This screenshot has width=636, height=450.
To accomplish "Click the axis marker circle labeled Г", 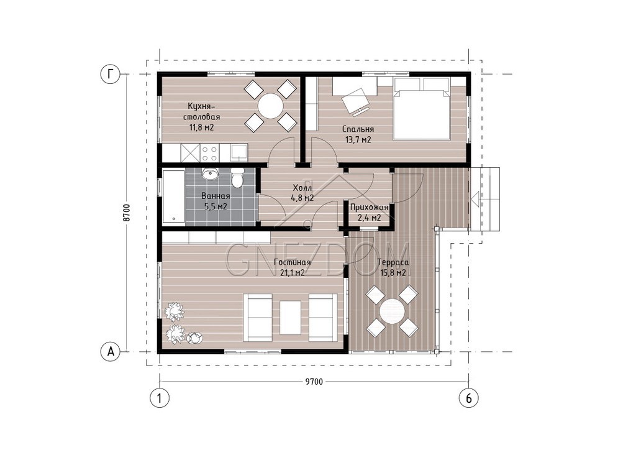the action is pos(110,75).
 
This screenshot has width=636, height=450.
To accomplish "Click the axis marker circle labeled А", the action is pos(110,352).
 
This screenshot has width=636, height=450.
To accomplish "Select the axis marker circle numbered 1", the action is pos(160,398).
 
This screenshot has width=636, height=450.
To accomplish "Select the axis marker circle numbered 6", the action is pos(468,398).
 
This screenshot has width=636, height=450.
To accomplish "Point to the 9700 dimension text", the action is pos(314,382).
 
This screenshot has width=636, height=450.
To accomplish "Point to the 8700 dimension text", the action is pos(127,213).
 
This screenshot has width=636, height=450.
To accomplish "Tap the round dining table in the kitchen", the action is pos(271,106).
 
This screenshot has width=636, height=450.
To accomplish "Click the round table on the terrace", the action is pos(392,311).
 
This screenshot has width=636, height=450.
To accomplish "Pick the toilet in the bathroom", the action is pos(237,178).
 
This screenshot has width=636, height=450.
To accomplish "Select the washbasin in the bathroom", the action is pos(210,174).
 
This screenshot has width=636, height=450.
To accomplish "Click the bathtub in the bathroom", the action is pos(174,197).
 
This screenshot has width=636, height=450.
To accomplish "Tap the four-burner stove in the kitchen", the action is pos(210,153).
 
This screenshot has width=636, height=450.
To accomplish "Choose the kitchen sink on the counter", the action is pos(239,153).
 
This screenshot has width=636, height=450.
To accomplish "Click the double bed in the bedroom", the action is pos(422,108).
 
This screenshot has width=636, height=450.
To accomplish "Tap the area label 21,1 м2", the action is pos(292,273).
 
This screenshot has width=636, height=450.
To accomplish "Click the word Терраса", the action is pos(393,262).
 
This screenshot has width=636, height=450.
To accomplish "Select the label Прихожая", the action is pos(369,208).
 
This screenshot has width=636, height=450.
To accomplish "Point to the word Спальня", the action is pos(358,129).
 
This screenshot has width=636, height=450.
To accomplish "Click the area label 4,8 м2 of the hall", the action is pos(302,198).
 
